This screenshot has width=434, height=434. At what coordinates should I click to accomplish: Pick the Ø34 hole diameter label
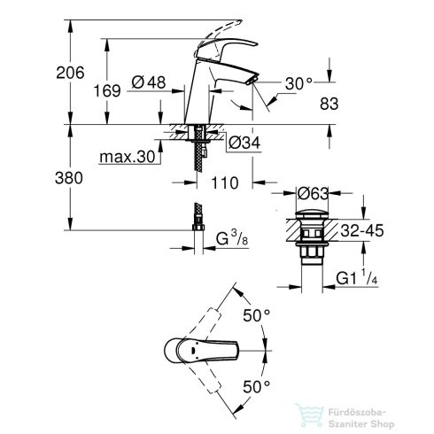[244, 143]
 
